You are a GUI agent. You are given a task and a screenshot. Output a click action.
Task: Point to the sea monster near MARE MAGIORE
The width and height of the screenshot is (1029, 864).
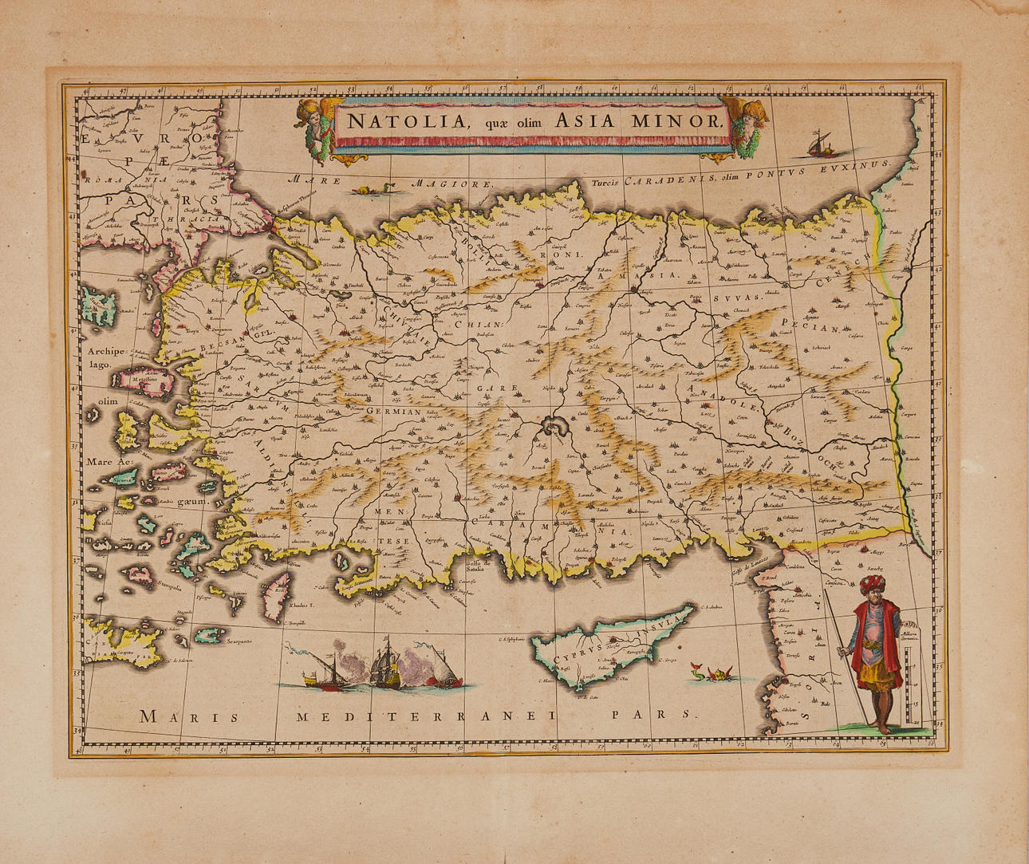(x=373, y=189)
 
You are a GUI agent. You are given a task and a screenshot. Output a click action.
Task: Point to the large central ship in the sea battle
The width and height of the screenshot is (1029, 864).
(x=384, y=664)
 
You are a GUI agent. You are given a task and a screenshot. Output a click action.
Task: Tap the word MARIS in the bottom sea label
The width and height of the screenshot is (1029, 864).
(x=189, y=716)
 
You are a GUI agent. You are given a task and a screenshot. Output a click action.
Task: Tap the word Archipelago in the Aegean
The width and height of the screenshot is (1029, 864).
(x=106, y=357)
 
